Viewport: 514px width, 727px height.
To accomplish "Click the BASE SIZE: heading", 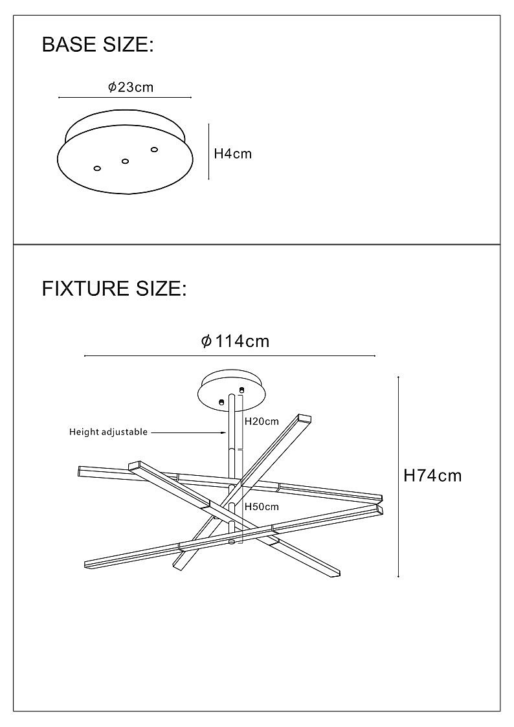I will point(98,45).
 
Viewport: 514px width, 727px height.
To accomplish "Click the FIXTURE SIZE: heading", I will point(114,289).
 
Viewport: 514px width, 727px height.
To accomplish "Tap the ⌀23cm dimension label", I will point(131,87).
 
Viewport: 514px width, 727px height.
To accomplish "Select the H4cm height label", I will point(232,154).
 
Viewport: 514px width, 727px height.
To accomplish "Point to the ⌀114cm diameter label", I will point(235,341).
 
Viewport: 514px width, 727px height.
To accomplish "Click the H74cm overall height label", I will point(432,476).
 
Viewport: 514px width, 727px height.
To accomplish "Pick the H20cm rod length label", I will point(261,421).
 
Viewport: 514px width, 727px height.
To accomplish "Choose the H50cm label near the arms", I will point(261,507).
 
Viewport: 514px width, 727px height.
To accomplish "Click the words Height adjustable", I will point(108,432).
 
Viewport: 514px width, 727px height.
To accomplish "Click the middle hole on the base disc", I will point(126,161).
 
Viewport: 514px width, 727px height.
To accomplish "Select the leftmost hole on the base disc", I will point(97,168).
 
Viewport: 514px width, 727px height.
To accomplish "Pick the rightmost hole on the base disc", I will point(154,150).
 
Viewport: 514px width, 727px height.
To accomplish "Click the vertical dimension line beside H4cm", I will point(208,152).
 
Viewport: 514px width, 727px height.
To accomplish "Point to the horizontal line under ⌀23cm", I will point(125,98).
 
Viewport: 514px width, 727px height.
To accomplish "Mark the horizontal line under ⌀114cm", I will point(230,356).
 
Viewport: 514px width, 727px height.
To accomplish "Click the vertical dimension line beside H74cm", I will point(398,476).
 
